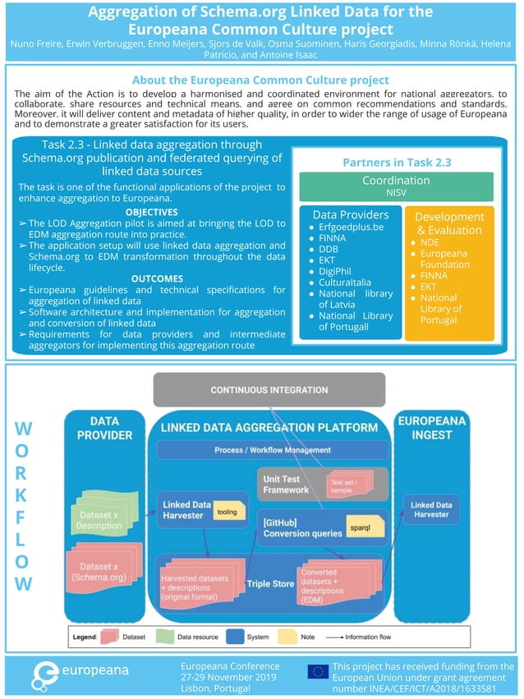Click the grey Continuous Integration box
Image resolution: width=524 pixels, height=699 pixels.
(269, 389)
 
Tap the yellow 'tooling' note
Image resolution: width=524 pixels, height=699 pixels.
(225, 512)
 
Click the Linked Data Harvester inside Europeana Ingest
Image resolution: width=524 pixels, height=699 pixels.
(431, 510)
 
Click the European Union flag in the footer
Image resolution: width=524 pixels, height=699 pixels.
(318, 673)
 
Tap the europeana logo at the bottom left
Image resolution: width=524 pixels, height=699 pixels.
(80, 672)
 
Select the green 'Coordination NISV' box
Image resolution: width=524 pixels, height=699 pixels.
(396, 186)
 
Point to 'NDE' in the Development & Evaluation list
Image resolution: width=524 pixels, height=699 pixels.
(430, 242)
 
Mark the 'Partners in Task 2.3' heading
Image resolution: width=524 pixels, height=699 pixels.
(396, 163)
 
